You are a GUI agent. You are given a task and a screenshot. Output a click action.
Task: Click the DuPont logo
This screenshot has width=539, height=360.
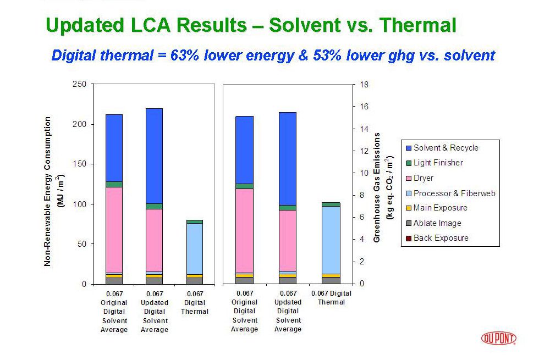tap(498, 338)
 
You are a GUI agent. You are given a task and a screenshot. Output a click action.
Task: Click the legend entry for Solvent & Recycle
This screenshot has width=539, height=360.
tap(446, 148)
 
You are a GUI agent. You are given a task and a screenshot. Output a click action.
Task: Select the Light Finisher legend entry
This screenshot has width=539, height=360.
tap(438, 163)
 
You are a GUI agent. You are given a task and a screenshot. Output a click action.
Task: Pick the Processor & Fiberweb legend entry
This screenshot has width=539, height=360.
tap(454, 193)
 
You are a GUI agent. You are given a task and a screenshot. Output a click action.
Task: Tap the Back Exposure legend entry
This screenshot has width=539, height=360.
tap(441, 238)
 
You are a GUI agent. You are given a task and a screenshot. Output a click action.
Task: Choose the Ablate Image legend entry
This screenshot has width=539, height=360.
tap(437, 223)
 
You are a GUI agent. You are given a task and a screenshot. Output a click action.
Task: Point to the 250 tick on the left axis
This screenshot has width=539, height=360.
tap(80, 84)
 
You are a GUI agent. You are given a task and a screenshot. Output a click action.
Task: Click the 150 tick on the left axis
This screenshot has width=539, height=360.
tap(80, 164)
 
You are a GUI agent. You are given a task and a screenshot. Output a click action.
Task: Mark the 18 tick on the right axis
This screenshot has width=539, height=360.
tap(365, 85)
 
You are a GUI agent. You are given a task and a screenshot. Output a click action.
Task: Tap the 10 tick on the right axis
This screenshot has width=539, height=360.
tap(365, 173)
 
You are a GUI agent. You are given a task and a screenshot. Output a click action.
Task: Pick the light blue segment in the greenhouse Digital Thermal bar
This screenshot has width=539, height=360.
tap(331, 240)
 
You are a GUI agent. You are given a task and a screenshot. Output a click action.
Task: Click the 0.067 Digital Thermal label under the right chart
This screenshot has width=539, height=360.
tap(331, 297)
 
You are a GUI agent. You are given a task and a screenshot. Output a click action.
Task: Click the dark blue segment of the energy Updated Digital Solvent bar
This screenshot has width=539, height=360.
tap(154, 156)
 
